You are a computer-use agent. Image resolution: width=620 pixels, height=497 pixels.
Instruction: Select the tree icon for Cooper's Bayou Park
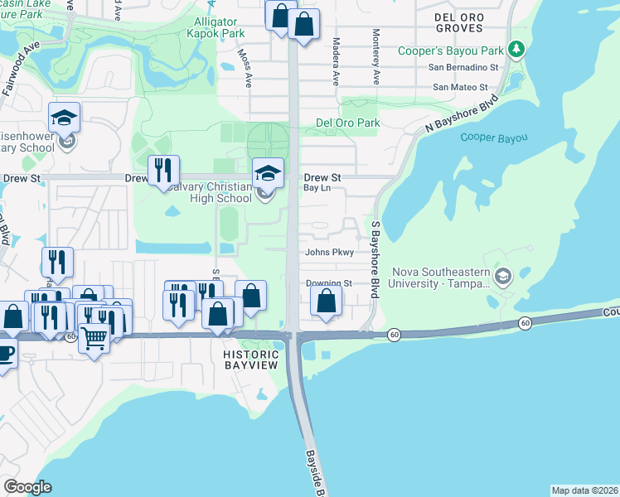[516, 50]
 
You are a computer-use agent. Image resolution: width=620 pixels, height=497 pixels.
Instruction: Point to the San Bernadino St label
[463, 68]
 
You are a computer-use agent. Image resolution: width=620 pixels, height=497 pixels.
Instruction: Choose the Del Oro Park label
[347, 123]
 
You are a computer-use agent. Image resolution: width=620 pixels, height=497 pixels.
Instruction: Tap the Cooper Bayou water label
[488, 138]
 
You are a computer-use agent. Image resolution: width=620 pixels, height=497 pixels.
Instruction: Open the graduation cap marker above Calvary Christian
[267, 173]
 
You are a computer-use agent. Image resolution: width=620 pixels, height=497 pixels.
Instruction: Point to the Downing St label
[329, 283]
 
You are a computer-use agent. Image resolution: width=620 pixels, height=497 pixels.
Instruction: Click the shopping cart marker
[94, 336]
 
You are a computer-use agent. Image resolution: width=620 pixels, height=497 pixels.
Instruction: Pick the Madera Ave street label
[337, 61]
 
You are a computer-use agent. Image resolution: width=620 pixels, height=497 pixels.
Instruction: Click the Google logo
[27, 486]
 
